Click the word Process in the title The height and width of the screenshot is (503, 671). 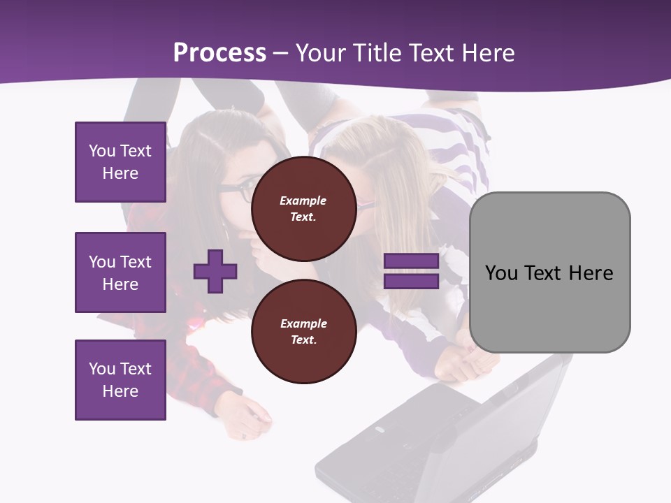point(219,53)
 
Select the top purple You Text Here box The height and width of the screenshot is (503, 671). point(120,162)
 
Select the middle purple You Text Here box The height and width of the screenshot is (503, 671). point(120,272)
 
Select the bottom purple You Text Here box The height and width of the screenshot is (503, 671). point(120,380)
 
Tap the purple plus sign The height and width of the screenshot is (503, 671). point(215,271)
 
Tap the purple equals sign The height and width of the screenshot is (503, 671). point(411,271)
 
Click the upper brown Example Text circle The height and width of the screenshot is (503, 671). point(303,209)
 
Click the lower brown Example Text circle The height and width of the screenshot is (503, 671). point(303,332)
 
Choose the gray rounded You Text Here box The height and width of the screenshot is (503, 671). point(549,272)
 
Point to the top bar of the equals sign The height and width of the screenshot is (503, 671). point(411,261)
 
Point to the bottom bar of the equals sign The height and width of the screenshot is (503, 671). point(411,281)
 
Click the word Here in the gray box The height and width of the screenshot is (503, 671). point(591,272)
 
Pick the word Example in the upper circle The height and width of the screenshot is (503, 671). point(303,201)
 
